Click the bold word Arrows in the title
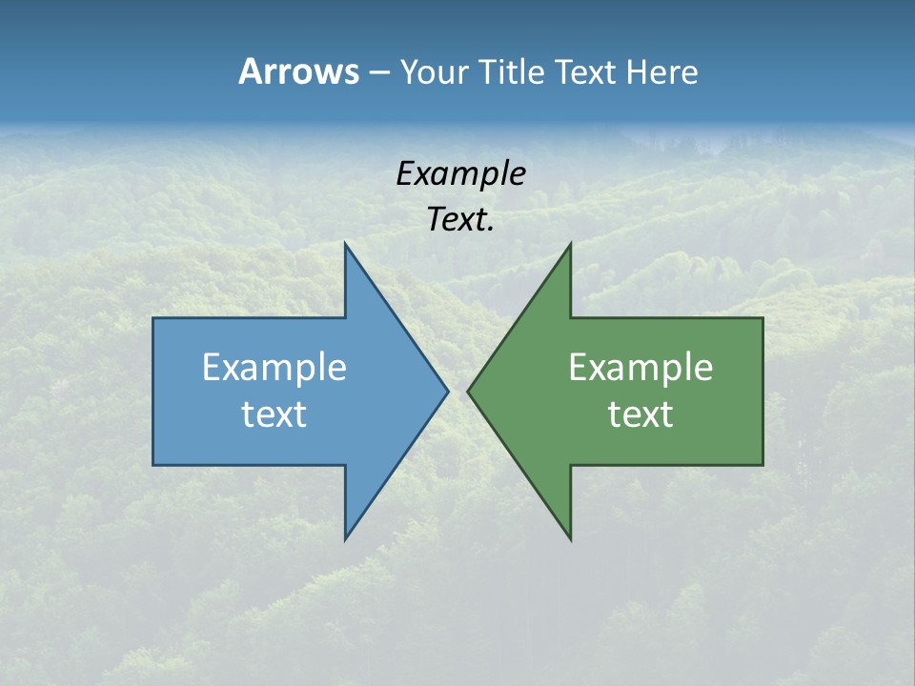pyautogui.click(x=297, y=71)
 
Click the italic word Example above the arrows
pyautogui.click(x=460, y=173)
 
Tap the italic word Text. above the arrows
pyautogui.click(x=460, y=220)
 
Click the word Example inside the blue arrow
pyautogui.click(x=274, y=367)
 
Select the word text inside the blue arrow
pyautogui.click(x=274, y=414)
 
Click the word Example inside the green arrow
pyautogui.click(x=640, y=367)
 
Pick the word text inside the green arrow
pyautogui.click(x=640, y=414)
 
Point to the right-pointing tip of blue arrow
pyautogui.click(x=447, y=391)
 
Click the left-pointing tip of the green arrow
pyautogui.click(x=469, y=391)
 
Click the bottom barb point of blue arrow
pyautogui.click(x=346, y=538)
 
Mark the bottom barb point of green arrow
pyautogui.click(x=570, y=538)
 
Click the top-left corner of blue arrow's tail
pyautogui.click(x=154, y=319)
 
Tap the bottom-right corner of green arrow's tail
pyautogui.click(x=762, y=464)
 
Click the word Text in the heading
pyautogui.click(x=586, y=71)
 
